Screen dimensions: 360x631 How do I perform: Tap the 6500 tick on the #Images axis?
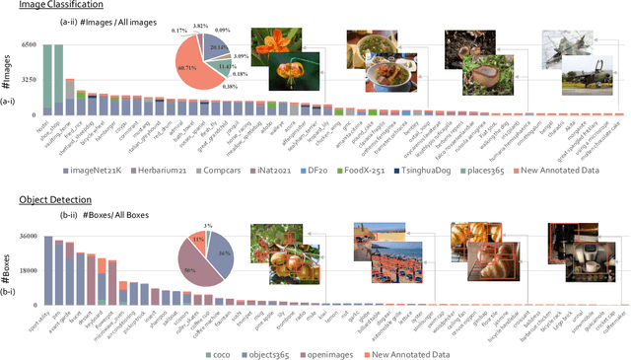[x=29, y=45]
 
